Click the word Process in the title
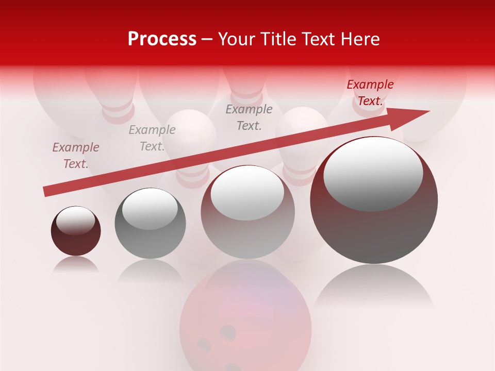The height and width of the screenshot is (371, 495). [162, 39]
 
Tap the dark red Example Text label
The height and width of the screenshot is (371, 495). [370, 93]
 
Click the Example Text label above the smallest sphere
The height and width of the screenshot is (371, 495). [75, 156]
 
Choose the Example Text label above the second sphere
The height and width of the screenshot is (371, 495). [152, 138]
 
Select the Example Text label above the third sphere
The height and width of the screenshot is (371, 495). [249, 117]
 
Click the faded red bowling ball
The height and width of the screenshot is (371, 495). [245, 325]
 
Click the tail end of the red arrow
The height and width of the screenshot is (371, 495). [46, 192]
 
